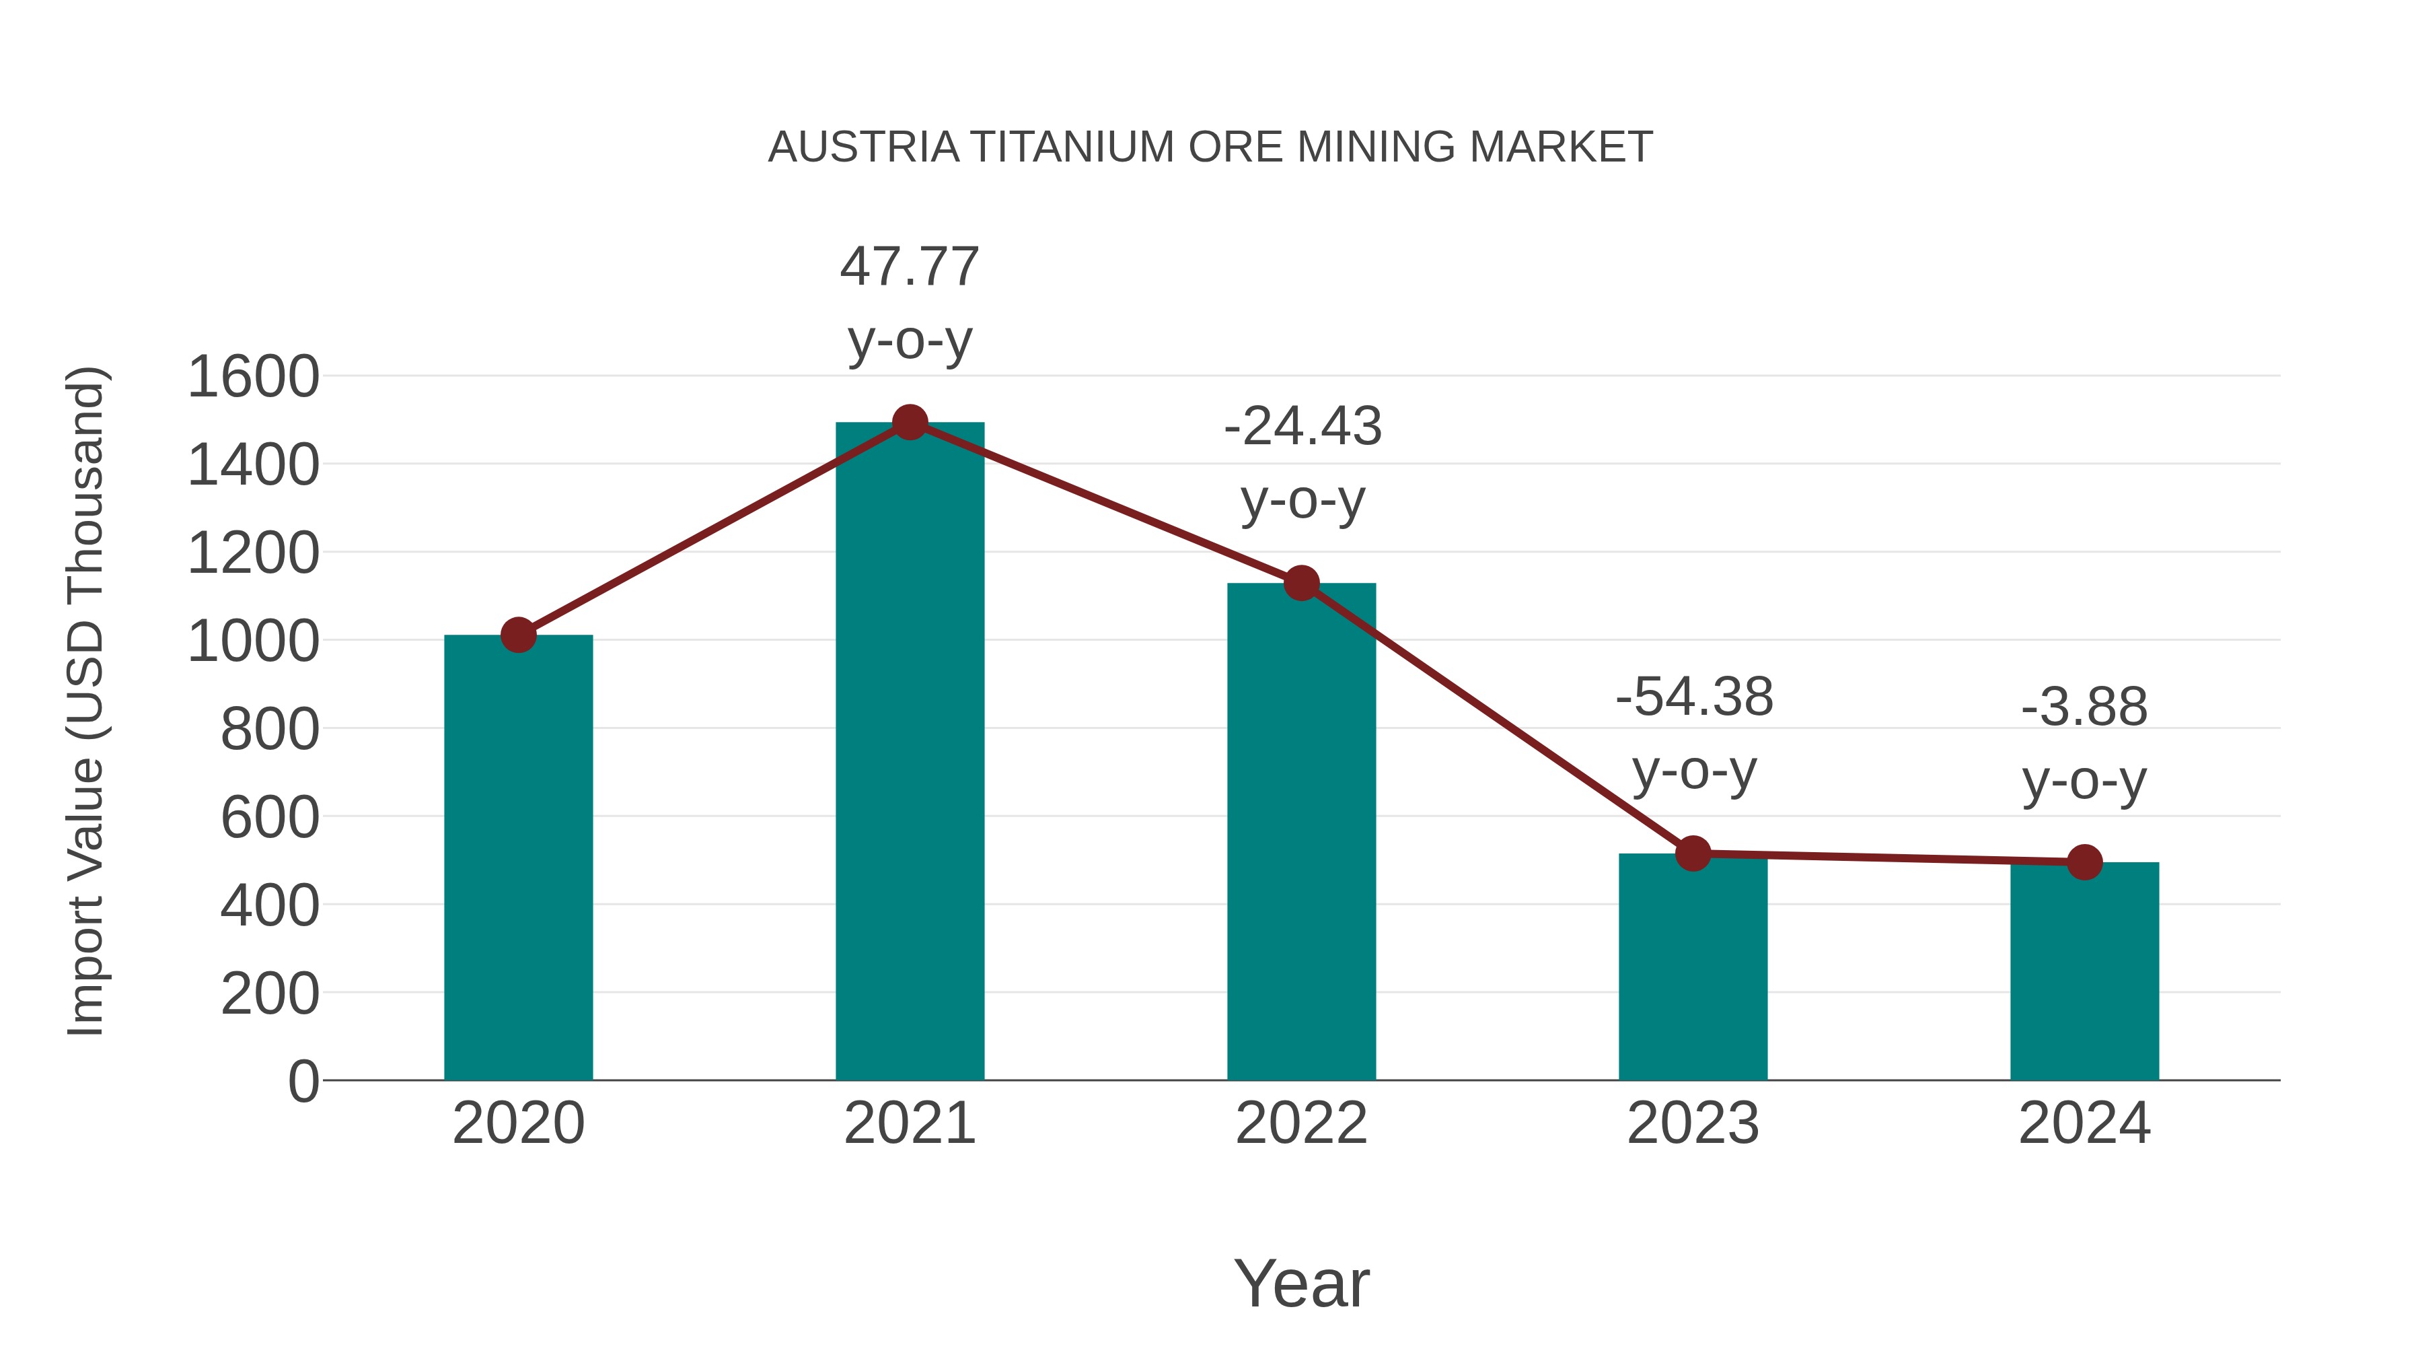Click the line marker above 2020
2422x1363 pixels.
(518, 636)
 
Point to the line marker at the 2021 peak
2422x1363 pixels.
(909, 422)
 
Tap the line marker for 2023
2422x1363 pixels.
(1693, 853)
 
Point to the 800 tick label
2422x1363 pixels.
(269, 729)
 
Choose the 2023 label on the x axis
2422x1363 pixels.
(1693, 1123)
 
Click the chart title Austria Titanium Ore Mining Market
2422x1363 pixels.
(1210, 147)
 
